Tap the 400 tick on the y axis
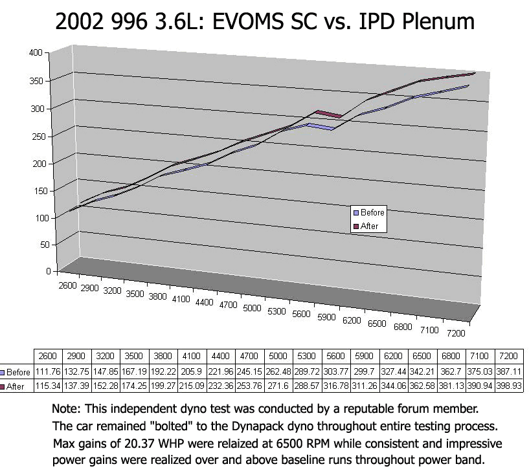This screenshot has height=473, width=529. pos(35,52)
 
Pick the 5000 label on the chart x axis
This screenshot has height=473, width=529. pos(253,309)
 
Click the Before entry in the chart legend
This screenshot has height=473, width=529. pos(372,212)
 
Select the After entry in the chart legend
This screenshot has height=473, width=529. pos(369,226)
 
